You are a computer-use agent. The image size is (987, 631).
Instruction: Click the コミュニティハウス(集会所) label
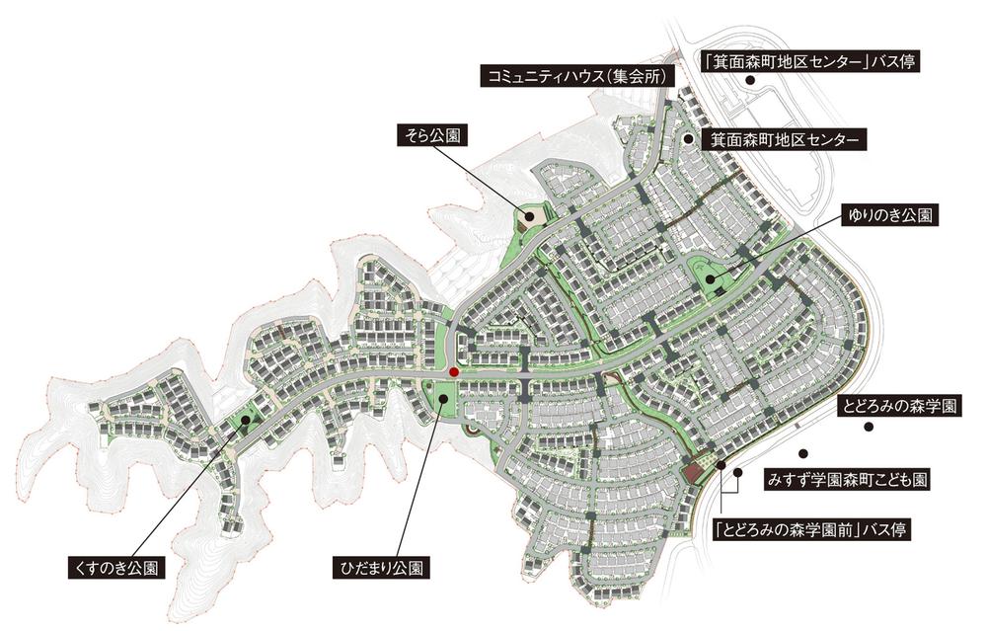coord(573,76)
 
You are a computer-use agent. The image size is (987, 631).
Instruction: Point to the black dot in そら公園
coord(528,215)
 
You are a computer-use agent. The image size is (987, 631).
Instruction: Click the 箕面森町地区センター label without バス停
coord(784,140)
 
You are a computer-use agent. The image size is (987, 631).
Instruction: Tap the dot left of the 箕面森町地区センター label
coord(688,139)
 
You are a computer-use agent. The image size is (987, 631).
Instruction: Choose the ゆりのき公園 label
coord(889,215)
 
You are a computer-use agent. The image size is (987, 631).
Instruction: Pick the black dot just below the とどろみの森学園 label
coord(869,427)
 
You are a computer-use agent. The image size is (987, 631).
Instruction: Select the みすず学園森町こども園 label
coord(846,481)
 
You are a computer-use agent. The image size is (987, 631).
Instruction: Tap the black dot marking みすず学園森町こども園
coord(803,453)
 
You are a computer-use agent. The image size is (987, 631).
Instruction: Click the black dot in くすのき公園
coord(245,421)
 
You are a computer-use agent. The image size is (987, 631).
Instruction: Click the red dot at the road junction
coord(453,372)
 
